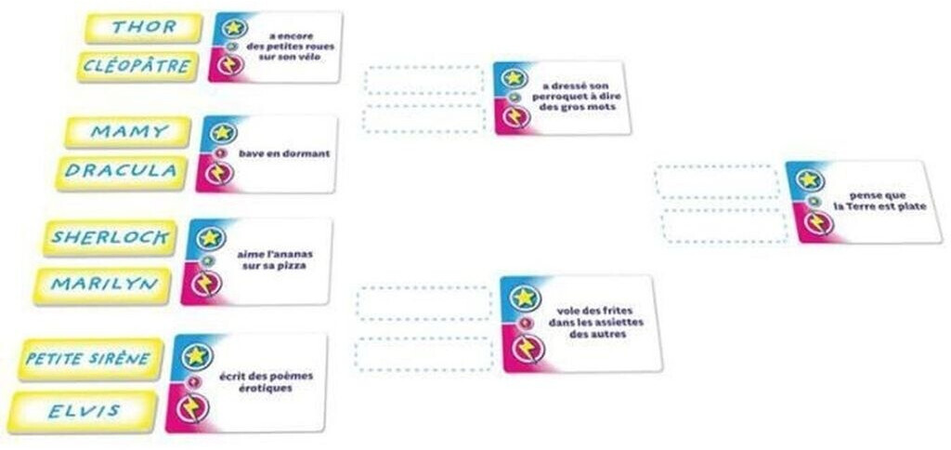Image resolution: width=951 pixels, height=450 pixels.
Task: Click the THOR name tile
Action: click(x=143, y=28)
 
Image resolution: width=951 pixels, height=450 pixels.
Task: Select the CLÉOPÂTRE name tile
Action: click(x=138, y=67)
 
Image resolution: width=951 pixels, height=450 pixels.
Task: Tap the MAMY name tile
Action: click(x=129, y=132)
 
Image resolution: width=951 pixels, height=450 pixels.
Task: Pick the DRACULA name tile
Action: click(x=123, y=172)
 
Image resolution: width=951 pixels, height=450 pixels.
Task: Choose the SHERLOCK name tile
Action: click(x=110, y=237)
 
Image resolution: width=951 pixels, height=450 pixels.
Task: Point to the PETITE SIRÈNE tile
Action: click(x=89, y=358)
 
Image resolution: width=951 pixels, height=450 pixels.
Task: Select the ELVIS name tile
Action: click(x=84, y=411)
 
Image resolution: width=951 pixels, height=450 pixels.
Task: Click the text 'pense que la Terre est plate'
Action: click(x=879, y=201)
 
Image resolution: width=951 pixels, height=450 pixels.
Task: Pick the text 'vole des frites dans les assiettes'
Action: click(x=593, y=323)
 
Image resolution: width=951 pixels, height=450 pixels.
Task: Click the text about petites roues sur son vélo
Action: click(x=296, y=46)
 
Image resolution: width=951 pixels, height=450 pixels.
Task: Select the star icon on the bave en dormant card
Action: click(x=222, y=132)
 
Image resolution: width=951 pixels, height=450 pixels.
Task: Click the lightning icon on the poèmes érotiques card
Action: click(x=194, y=407)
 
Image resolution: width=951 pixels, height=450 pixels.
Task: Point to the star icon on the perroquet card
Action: click(x=515, y=78)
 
